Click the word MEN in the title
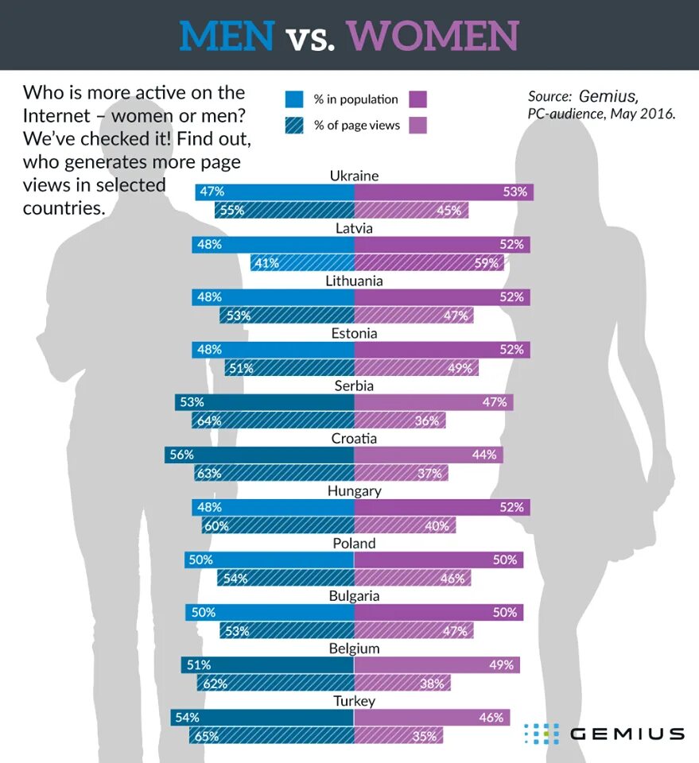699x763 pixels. click(227, 36)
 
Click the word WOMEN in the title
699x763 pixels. click(433, 36)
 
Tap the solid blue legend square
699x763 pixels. click(294, 99)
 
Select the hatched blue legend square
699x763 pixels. click(294, 125)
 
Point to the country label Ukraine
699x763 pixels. click(354, 176)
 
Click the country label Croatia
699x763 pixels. click(354, 439)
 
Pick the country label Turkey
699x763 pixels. click(354, 701)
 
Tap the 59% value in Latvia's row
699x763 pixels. click(485, 263)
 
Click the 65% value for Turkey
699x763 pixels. click(207, 737)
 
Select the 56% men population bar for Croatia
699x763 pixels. click(259, 455)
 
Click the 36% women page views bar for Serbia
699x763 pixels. click(399, 420)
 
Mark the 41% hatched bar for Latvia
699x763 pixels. click(302, 263)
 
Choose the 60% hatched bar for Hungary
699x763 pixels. click(278, 525)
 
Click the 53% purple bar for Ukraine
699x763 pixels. click(443, 192)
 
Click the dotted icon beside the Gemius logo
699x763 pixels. click(541, 734)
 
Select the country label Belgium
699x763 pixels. click(354, 649)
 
